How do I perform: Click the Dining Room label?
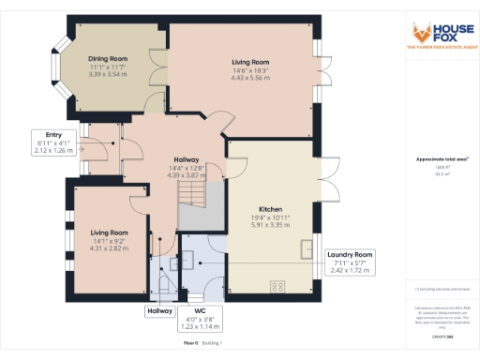[x=109, y=59]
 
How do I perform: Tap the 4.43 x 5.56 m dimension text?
[x=250, y=78]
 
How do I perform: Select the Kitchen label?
[x=272, y=209]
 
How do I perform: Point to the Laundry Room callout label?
[x=350, y=254]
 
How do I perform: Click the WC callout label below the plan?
[x=199, y=310]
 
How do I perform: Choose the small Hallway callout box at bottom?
[x=158, y=310]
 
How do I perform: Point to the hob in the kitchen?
[x=278, y=286]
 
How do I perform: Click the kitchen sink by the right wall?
[x=309, y=247]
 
